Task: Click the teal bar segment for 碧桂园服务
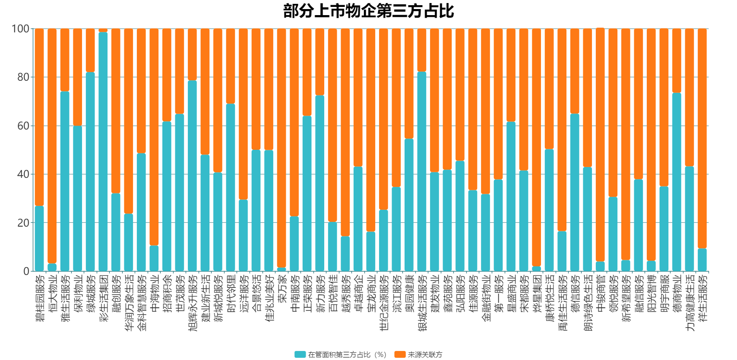click(x=39, y=239)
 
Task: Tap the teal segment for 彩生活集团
click(x=103, y=152)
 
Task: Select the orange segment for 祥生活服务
click(x=702, y=138)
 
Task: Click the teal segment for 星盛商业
click(x=511, y=196)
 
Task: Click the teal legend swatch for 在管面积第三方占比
click(x=300, y=354)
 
